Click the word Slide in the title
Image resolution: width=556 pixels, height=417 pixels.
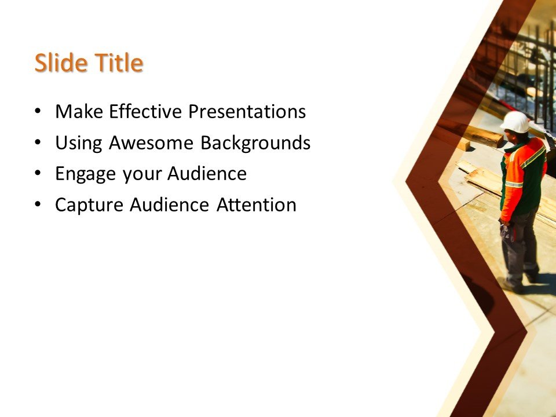[61, 63]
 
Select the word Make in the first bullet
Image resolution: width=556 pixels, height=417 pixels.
[79, 111]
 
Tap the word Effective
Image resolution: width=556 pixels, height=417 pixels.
[145, 111]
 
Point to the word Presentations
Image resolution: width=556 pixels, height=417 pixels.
[247, 111]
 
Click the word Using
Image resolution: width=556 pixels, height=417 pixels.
[79, 143]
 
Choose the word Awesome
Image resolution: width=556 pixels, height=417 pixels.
[151, 142]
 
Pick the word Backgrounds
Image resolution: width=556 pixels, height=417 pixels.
[255, 143]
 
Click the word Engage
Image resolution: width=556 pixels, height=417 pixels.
[86, 174]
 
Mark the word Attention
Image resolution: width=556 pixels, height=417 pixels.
[257, 205]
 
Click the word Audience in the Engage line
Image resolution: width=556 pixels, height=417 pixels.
[207, 174]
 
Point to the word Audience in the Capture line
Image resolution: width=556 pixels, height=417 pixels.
[169, 205]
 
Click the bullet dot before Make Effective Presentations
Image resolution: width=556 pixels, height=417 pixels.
[38, 111]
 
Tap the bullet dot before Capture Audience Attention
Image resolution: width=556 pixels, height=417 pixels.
[38, 205]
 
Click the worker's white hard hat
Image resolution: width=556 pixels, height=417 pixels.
[515, 122]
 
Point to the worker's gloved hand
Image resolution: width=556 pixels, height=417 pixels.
[506, 231]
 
